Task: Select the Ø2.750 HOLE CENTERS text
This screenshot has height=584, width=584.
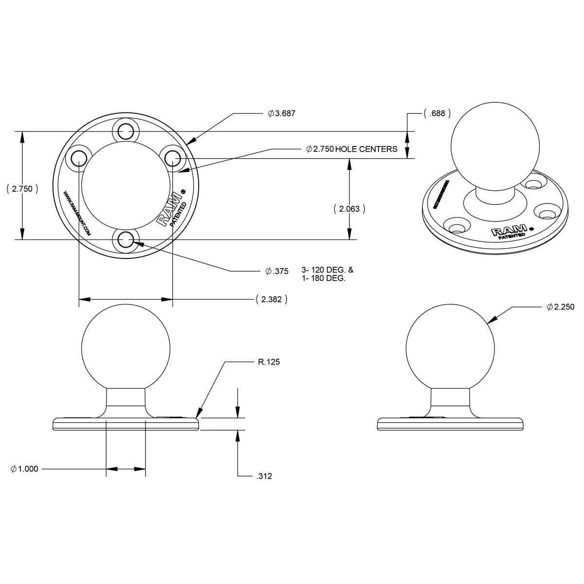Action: coord(351,149)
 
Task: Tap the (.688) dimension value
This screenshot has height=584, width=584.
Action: coord(437,113)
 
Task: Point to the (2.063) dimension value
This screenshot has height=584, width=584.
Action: coord(349,209)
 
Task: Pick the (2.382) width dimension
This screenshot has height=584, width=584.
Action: coord(271,299)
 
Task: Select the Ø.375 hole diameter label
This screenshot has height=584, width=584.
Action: coord(277,271)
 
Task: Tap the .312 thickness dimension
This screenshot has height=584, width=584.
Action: coord(263,476)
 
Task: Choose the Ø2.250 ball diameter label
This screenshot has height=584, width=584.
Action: coord(561,307)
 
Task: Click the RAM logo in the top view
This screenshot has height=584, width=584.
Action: coord(166,214)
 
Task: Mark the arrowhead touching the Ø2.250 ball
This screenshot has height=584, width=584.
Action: coord(491,320)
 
